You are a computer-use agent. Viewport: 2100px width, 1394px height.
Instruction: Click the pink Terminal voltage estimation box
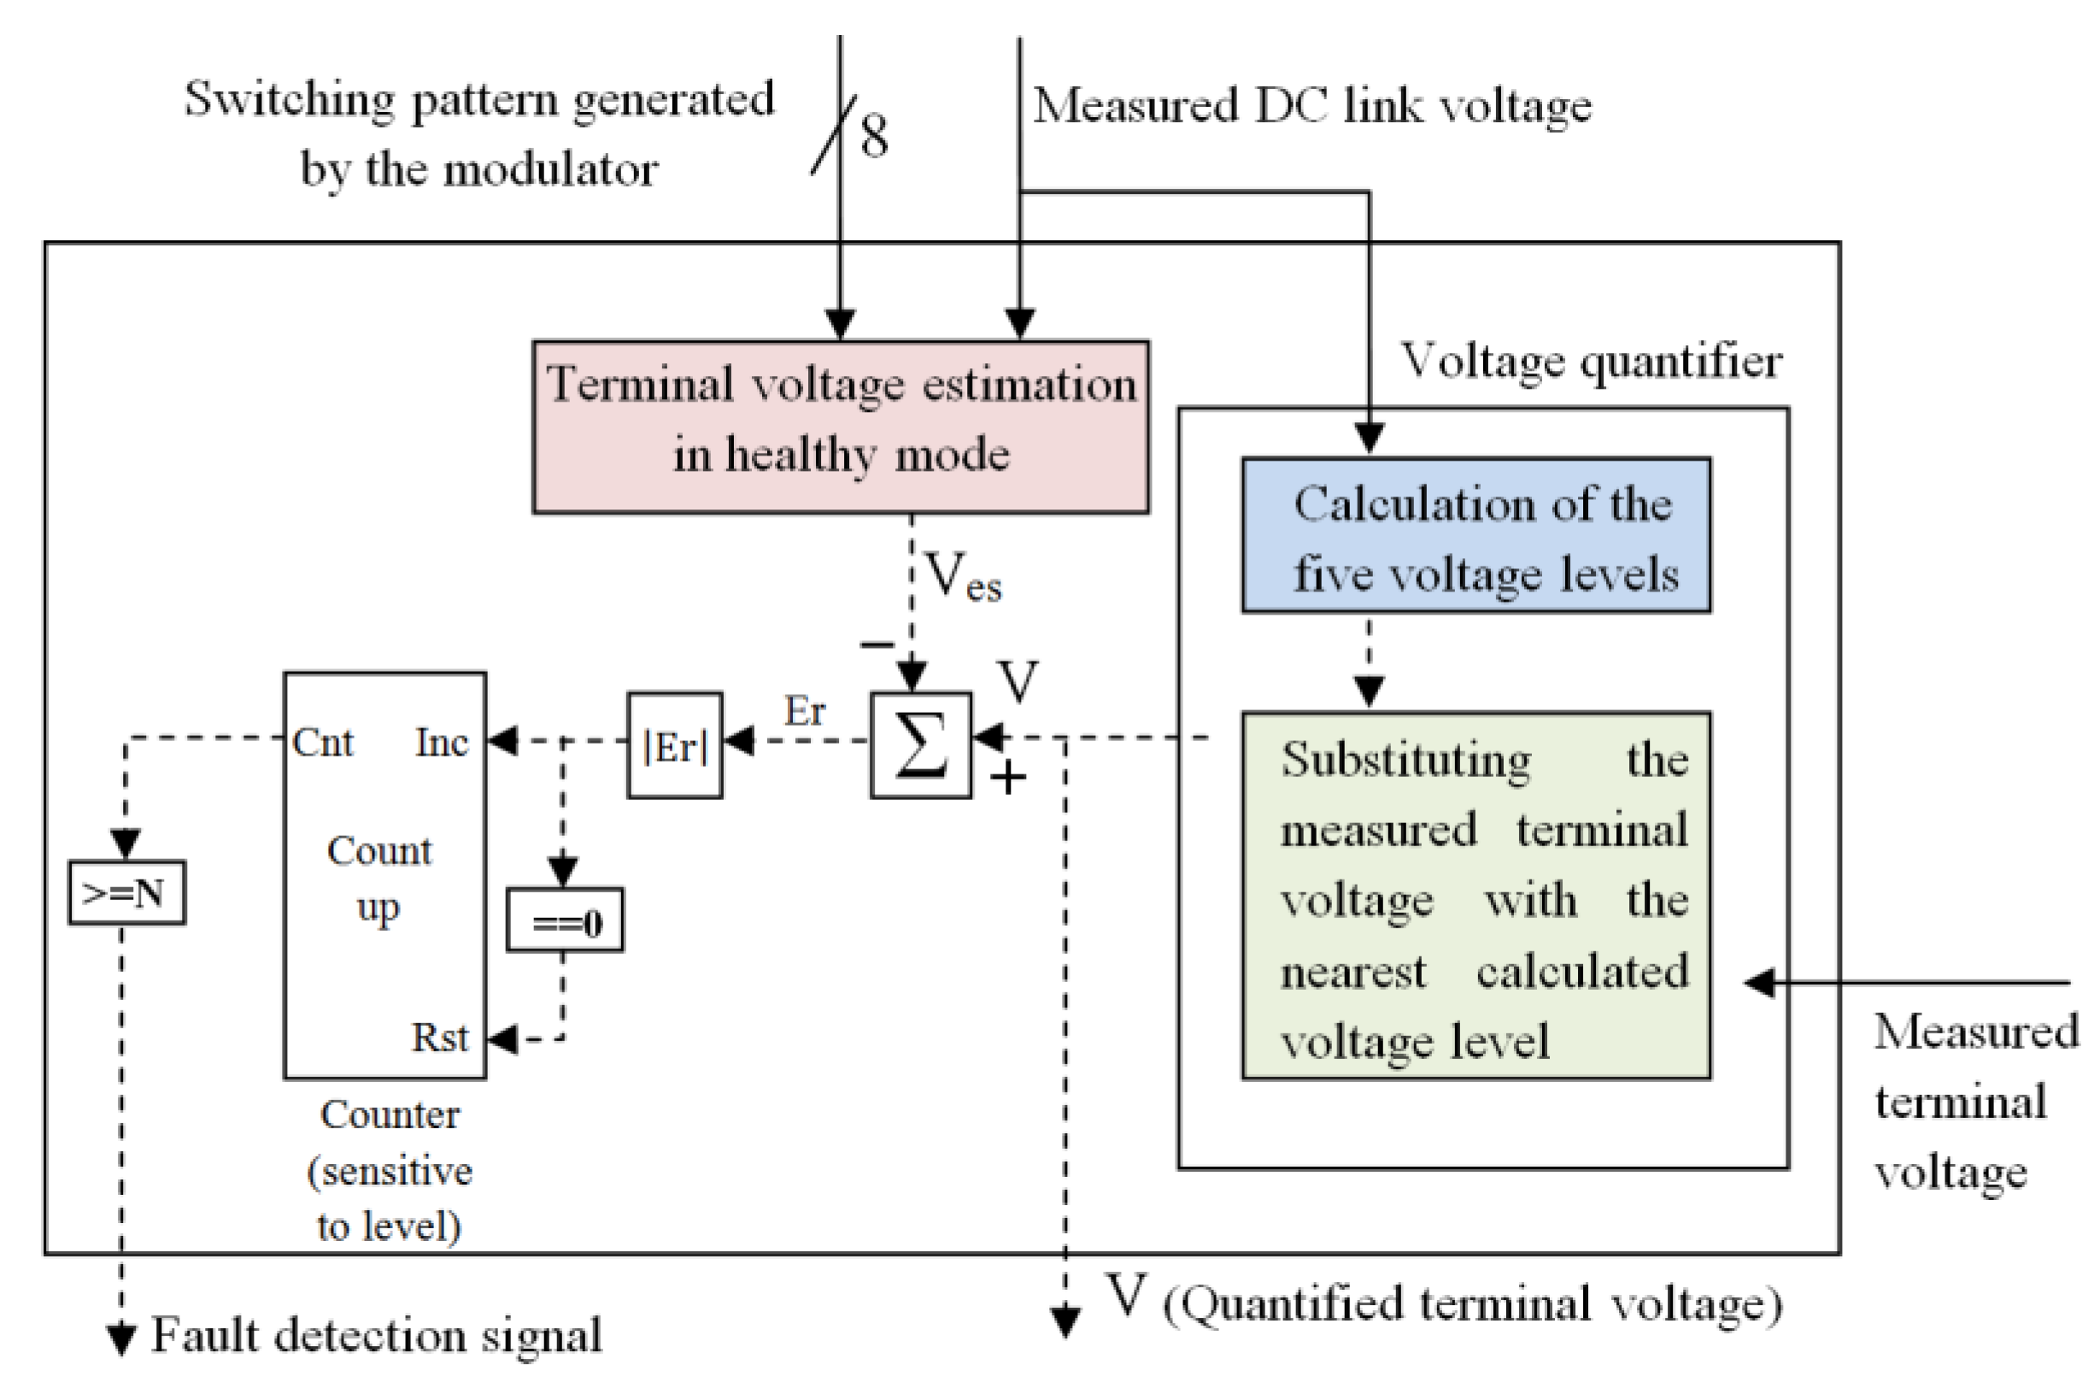tap(840, 426)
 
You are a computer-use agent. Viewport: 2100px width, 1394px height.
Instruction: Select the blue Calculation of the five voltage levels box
tap(1475, 535)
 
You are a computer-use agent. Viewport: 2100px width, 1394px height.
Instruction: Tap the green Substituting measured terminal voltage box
tap(1475, 895)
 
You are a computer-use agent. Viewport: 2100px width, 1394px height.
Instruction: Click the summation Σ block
tap(920, 745)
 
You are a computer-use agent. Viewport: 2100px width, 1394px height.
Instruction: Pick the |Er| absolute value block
tap(675, 745)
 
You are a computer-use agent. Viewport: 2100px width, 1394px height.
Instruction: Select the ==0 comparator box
tap(565, 921)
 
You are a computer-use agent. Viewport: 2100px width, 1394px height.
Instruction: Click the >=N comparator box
tap(126, 891)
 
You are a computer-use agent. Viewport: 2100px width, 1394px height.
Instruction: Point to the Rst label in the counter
tap(439, 1038)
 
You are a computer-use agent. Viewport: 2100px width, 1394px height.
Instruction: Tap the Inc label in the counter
tap(441, 743)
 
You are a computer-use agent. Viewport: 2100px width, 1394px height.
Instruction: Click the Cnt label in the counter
tap(323, 743)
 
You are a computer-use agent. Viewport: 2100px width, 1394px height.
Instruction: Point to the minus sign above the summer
tap(877, 644)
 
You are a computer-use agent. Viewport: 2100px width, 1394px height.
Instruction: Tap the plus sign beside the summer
tap(1008, 779)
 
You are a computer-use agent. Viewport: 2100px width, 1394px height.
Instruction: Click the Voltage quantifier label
tap(1591, 362)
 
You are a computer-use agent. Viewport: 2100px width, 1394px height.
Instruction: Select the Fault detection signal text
tap(376, 1335)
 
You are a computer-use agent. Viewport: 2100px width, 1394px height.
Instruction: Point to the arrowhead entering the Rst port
tap(503, 1038)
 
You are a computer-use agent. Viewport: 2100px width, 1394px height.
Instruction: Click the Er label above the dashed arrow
tap(804, 710)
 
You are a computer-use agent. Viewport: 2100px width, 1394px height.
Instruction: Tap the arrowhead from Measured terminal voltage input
tap(1760, 982)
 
